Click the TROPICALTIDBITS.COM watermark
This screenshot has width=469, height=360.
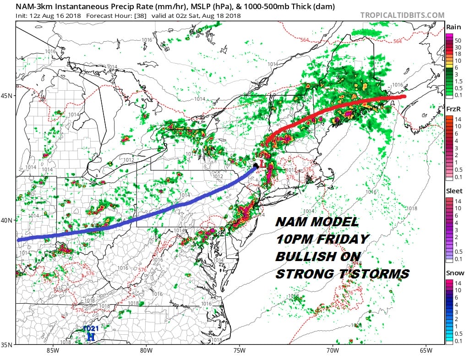[402, 15]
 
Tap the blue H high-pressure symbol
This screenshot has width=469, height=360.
[91, 337]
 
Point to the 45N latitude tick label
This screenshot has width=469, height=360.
[8, 96]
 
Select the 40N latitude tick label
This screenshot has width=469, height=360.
[8, 220]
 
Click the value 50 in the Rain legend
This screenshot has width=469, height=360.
[458, 41]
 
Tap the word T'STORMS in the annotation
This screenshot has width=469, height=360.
[372, 274]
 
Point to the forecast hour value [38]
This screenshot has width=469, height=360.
[139, 15]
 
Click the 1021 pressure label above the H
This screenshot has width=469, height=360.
[91, 329]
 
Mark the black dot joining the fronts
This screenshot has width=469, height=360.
[255, 165]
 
